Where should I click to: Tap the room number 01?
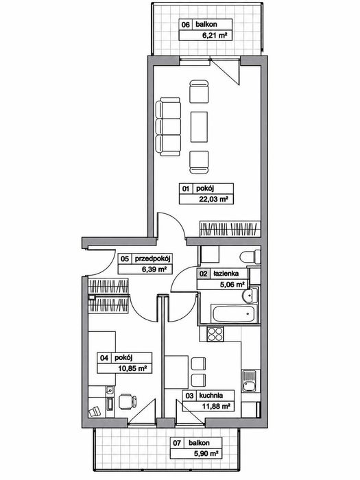[x=186, y=189]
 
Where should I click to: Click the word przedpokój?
[x=152, y=259]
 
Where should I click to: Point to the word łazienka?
[x=226, y=274]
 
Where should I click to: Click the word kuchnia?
[x=211, y=396]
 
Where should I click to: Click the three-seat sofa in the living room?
[x=168, y=126]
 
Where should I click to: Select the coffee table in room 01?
[x=199, y=127]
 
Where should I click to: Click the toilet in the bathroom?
[x=250, y=256]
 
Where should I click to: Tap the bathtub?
[x=232, y=313]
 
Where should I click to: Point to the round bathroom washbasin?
[x=250, y=296]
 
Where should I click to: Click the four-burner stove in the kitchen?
[x=215, y=335]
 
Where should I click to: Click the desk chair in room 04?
[x=127, y=402]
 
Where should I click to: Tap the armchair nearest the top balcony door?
[x=199, y=91]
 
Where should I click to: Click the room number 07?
[x=177, y=443]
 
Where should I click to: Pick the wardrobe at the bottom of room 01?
[x=230, y=228]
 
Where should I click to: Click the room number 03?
[x=189, y=396]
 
